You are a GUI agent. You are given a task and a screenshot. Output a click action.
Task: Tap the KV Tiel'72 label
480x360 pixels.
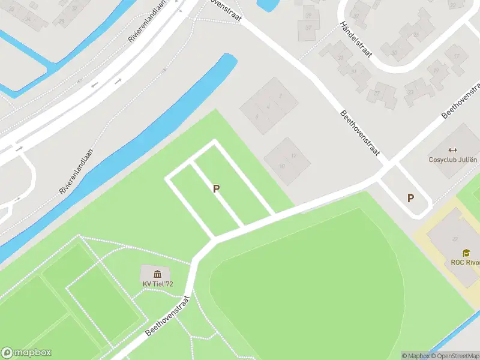point(158,284)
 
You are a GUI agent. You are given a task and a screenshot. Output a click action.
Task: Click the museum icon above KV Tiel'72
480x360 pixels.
point(157,274)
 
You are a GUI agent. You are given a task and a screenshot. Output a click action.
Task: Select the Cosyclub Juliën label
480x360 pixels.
point(453,160)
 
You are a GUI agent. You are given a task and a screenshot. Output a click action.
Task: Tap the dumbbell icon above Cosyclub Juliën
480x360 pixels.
point(452,150)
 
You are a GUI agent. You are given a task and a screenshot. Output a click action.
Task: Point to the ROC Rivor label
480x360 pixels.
point(465,262)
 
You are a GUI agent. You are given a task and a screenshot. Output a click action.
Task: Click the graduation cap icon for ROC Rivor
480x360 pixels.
point(466,253)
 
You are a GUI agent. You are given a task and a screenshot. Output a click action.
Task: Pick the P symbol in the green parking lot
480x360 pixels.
point(216,188)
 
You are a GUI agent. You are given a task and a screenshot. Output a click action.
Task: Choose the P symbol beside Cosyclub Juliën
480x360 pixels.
point(411,198)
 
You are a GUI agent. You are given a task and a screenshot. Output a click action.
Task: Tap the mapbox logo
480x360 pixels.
point(26,353)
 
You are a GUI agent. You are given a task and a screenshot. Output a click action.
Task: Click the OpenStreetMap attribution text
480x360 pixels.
point(457,356)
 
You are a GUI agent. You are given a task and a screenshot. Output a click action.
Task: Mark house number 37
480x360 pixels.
point(308,27)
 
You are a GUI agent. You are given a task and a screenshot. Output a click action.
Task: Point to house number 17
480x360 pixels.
point(457,56)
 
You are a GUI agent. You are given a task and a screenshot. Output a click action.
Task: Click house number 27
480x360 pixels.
point(377,93)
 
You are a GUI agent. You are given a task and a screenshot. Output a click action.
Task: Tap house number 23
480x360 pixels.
point(410,92)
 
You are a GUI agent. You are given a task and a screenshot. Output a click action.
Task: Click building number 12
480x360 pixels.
point(293,156)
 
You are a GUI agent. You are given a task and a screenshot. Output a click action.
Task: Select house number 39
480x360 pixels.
point(308,15)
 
